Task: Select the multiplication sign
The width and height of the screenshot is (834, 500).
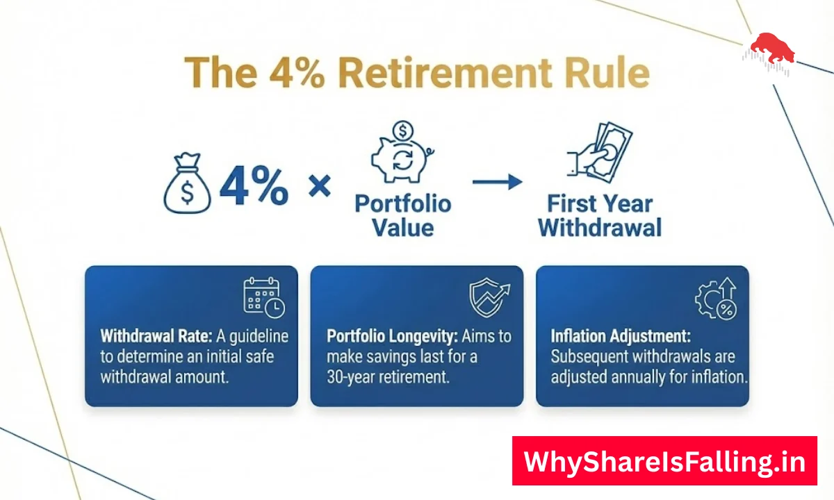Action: coord(320,185)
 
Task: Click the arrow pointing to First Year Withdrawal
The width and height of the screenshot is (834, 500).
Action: coord(497,182)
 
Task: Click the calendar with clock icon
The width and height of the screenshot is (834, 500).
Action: coord(263,297)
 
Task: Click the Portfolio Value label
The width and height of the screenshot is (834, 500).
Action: coord(402,215)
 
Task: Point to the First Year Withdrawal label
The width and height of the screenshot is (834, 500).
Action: coord(600,216)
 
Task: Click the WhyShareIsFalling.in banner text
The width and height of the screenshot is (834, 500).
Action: coord(664,461)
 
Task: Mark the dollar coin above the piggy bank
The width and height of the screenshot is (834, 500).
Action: coord(402,131)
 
